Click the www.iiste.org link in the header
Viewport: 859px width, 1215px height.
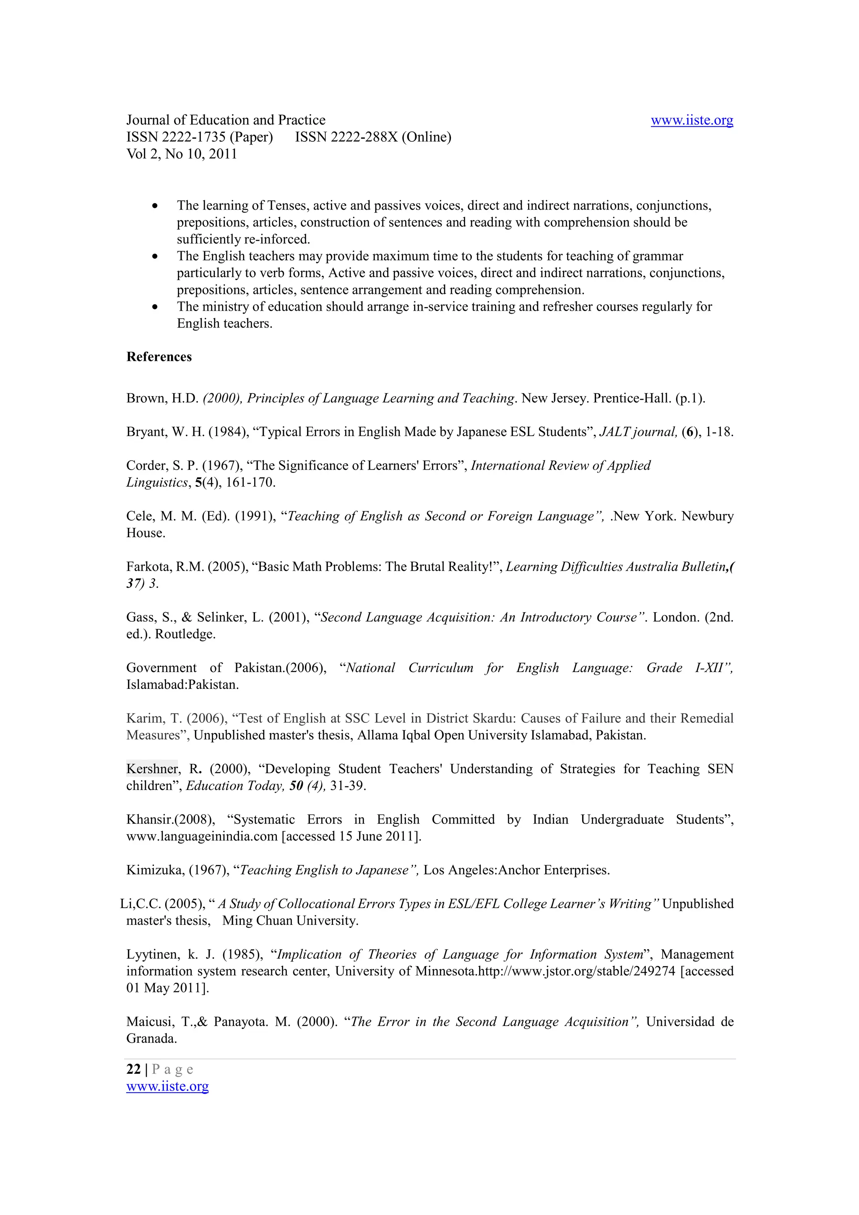[691, 120]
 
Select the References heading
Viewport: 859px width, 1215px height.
[159, 357]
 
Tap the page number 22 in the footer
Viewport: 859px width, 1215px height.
[133, 1069]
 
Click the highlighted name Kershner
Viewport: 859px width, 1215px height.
[152, 768]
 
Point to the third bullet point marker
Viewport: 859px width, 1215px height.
[154, 307]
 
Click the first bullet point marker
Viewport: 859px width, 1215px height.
[154, 205]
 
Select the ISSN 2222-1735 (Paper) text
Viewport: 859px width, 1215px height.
[200, 137]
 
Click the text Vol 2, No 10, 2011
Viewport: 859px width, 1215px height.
[182, 154]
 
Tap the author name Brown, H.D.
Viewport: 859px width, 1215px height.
[162, 398]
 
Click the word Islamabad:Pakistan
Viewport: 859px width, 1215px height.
[182, 685]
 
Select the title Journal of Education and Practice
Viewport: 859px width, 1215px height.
[226, 120]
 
